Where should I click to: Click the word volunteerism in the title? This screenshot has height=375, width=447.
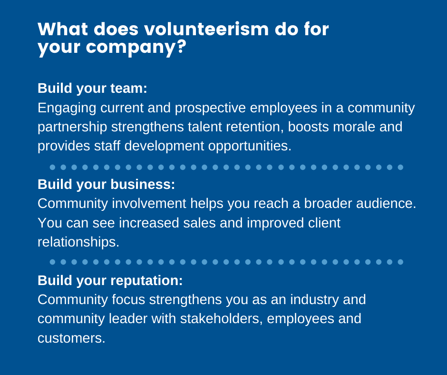click(206, 30)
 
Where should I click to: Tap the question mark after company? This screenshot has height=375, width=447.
click(181, 46)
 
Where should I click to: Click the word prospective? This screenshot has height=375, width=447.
click(210, 109)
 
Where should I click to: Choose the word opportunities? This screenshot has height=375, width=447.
click(250, 146)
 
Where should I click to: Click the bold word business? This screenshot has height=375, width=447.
click(143, 184)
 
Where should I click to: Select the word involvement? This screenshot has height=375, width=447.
click(149, 204)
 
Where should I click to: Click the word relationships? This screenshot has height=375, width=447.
click(78, 242)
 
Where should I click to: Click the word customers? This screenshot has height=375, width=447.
click(71, 338)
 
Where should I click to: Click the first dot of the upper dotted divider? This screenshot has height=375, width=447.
click(52, 167)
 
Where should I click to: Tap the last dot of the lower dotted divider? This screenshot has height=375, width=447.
click(400, 262)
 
